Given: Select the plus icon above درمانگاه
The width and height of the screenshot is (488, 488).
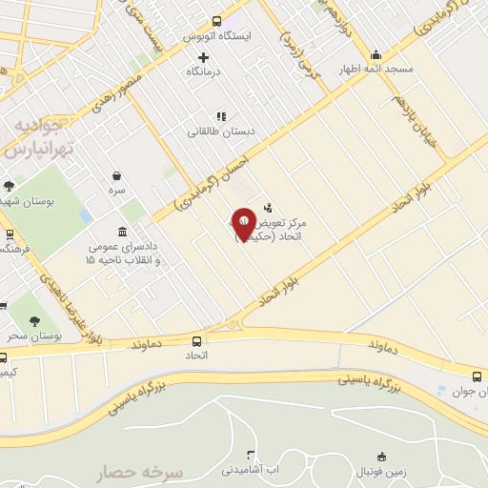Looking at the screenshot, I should (203, 57).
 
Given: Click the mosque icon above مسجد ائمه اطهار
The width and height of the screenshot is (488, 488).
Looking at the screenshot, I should (376, 54).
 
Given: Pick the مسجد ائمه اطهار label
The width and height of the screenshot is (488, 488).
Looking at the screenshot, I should (378, 70).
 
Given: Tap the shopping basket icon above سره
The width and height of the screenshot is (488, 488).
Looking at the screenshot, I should (117, 175).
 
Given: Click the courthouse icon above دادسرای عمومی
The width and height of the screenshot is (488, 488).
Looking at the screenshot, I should (122, 232).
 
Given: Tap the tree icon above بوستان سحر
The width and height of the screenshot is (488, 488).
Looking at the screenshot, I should (35, 322).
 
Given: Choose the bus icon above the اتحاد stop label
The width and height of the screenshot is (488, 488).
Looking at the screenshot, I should (197, 340).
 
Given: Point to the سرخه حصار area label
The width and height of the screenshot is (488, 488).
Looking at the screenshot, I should (143, 473).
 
